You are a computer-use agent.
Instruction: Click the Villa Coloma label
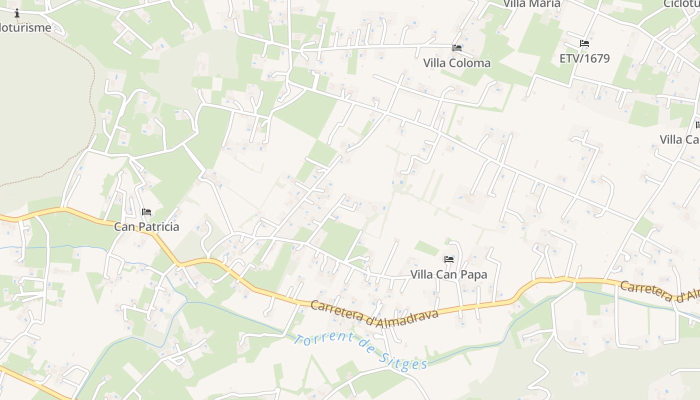coord(456,63)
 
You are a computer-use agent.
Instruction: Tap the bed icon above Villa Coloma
coord(456,48)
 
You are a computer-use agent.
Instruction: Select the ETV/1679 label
coord(584,58)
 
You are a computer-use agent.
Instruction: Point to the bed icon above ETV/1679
coord(584,43)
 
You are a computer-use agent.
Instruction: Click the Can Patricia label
coord(146,226)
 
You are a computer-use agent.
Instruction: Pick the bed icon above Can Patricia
coord(146,212)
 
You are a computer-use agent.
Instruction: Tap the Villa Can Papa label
coord(448,274)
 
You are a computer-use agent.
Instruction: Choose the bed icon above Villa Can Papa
coord(449,259)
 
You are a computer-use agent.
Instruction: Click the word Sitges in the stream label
coord(402,359)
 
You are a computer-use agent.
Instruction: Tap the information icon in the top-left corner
coord(17,13)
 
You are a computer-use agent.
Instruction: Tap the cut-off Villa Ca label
coord(679,139)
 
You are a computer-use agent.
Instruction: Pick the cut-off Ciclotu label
coord(681,4)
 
